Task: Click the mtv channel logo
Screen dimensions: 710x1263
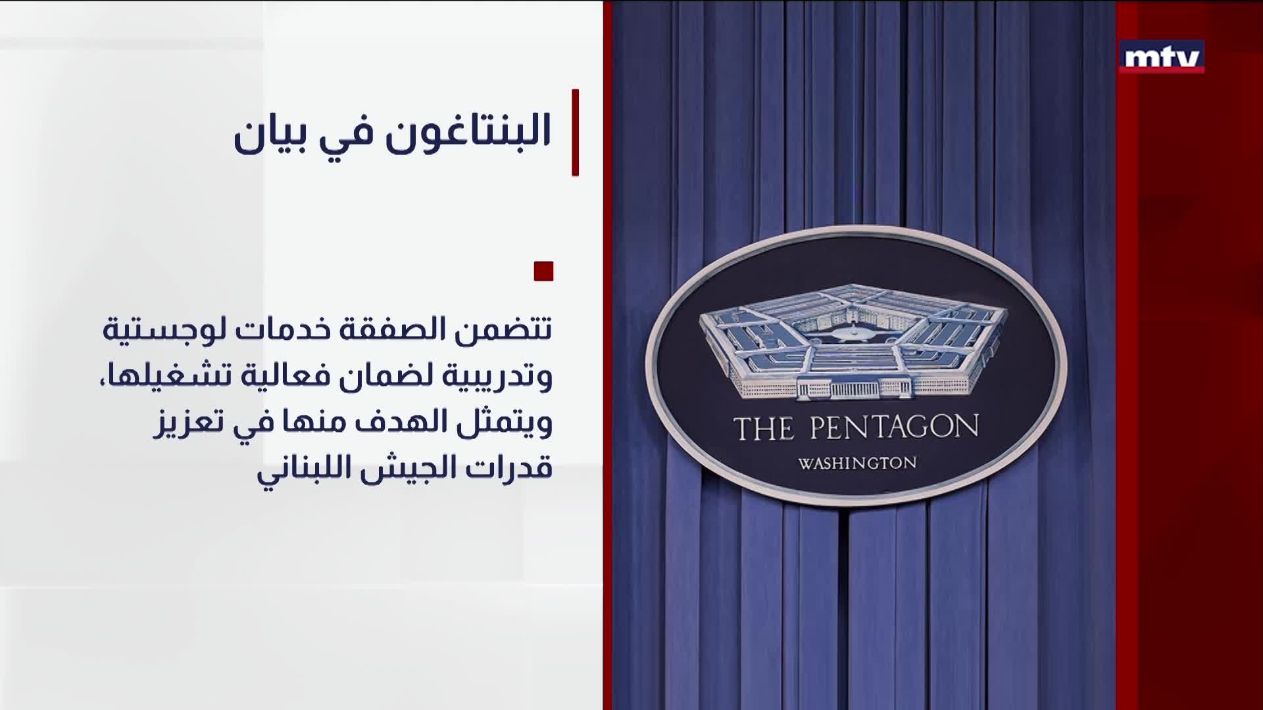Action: coord(1162,57)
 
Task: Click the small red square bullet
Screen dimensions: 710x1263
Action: coord(543,271)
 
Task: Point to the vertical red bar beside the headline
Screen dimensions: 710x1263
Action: coord(575,132)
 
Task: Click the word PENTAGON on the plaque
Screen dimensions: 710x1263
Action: coord(893,428)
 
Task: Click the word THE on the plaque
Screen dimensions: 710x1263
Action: coord(763,429)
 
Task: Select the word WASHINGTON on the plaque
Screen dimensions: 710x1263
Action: coord(857,463)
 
